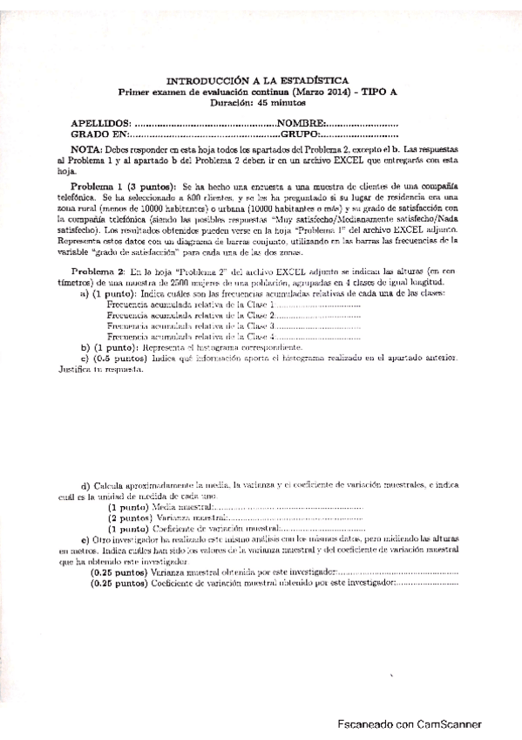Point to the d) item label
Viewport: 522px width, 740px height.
pos(85,485)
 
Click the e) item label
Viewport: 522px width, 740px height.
pos(85,541)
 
